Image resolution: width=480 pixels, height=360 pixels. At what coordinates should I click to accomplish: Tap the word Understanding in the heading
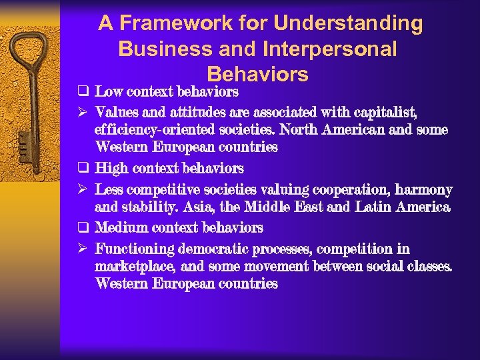click(348, 24)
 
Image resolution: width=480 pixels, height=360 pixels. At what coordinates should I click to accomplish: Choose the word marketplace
click(136, 267)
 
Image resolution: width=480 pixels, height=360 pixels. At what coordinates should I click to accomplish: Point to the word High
click(109, 169)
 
